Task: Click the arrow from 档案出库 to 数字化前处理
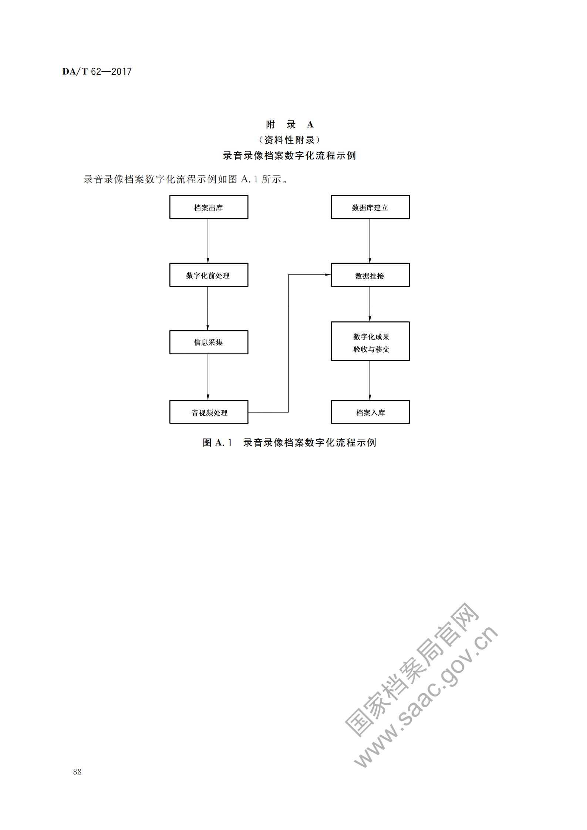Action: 208,241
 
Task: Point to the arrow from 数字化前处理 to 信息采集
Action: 208,308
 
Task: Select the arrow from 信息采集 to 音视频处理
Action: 208,377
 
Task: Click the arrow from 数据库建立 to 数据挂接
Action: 370,241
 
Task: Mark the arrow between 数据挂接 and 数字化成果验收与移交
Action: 370,304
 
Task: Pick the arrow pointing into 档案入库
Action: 370,380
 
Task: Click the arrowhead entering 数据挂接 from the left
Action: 328,275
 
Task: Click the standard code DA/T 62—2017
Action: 97,71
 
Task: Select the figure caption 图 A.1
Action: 217,442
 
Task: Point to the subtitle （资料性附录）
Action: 289,140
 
